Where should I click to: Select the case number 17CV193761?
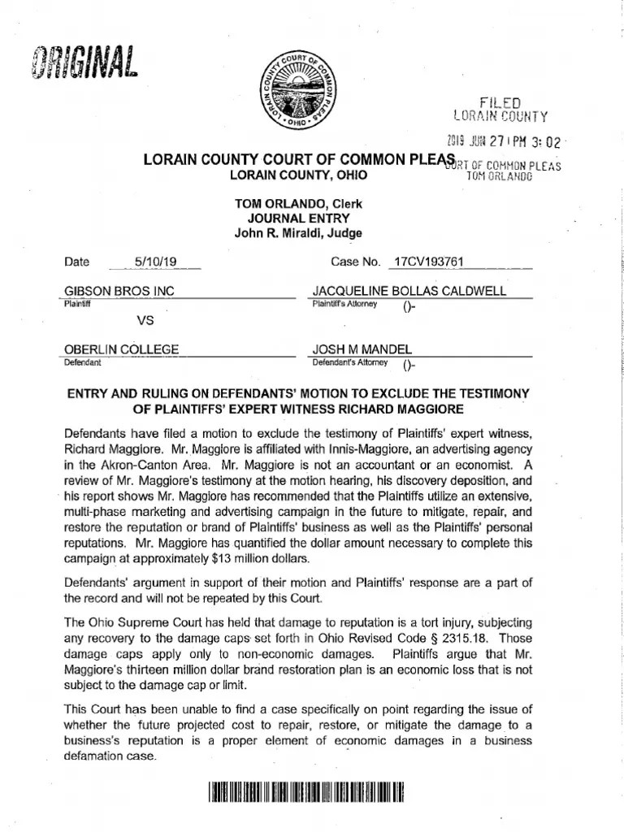427,262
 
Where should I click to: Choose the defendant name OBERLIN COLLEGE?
121,349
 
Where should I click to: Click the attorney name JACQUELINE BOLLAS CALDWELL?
409,291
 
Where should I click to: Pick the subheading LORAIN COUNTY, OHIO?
297,175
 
